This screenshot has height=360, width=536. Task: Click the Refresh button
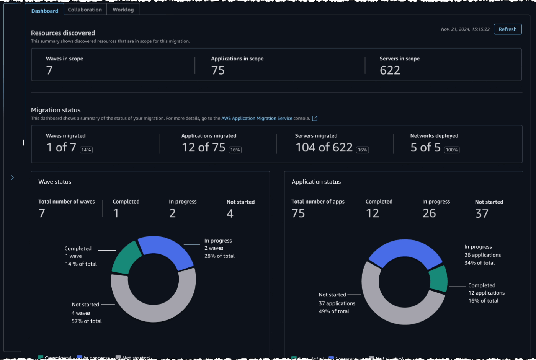(507, 29)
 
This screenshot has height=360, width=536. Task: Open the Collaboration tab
(85, 10)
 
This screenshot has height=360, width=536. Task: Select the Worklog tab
(123, 10)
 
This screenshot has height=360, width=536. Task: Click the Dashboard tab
(45, 11)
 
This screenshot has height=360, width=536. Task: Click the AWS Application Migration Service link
(257, 119)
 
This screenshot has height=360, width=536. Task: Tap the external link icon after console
(315, 119)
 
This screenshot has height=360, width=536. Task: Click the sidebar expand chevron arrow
(12, 178)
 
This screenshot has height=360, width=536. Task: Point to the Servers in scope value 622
(390, 70)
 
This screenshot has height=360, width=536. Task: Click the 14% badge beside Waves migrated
(86, 150)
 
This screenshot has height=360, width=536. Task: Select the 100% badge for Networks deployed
(452, 150)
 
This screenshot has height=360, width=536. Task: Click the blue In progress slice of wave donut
(165, 251)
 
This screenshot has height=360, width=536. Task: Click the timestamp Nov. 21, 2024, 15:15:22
(465, 29)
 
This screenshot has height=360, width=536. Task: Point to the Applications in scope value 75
(218, 70)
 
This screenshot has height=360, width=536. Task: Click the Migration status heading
(56, 110)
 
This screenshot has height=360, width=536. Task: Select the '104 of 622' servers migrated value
(324, 148)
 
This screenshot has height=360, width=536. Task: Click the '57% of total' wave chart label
(87, 321)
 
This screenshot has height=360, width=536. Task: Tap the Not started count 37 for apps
(482, 213)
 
